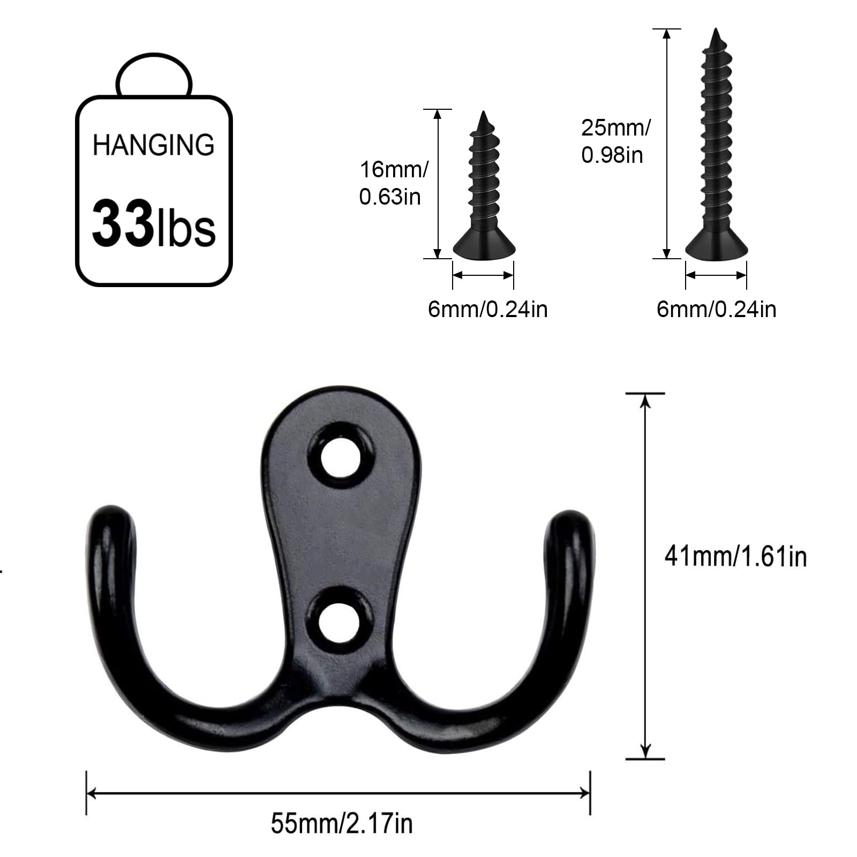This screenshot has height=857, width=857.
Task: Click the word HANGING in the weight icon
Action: tap(154, 145)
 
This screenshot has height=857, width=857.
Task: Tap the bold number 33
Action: tap(123, 223)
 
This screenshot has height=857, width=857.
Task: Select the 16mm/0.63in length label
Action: tap(394, 183)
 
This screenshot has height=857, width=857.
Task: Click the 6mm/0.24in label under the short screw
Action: tap(487, 310)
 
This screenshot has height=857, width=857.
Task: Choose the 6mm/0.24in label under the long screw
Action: tap(716, 310)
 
